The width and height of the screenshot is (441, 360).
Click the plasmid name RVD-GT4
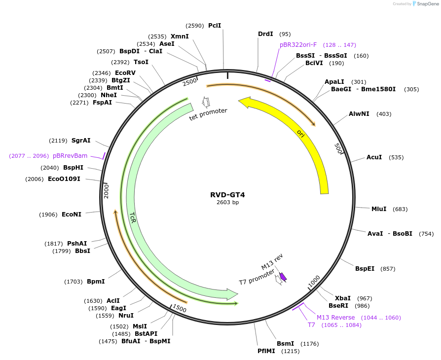(x=227, y=195)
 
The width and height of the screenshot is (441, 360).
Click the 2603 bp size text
(x=227, y=203)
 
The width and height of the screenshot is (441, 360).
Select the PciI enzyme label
(x=215, y=25)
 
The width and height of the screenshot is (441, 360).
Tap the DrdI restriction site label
(x=265, y=34)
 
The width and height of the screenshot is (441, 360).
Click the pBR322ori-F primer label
(x=298, y=45)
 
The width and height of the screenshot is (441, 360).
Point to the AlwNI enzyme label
(x=359, y=114)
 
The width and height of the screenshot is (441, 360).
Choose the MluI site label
(x=379, y=209)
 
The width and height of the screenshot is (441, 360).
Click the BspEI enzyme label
(x=365, y=269)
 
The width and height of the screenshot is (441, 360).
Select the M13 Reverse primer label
(x=335, y=318)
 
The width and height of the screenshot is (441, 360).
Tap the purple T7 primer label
(x=311, y=325)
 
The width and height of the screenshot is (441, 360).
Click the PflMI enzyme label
(x=267, y=351)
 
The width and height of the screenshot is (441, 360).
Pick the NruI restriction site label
(x=126, y=316)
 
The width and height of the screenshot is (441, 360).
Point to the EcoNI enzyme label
(x=72, y=215)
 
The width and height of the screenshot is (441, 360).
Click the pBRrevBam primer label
(x=70, y=156)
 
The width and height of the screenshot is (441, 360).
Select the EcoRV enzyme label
(x=125, y=72)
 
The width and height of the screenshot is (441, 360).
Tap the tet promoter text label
(x=208, y=114)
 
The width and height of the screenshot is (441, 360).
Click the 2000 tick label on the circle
(x=106, y=190)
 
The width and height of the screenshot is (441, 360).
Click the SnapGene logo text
(x=427, y=4)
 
